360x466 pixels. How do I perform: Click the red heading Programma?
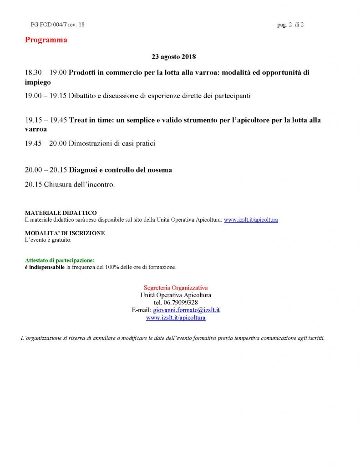[x=46, y=40]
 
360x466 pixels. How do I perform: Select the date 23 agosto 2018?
[x=173, y=57]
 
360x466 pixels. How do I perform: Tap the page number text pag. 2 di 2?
[x=290, y=25]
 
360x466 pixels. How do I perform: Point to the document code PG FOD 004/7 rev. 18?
[x=57, y=25]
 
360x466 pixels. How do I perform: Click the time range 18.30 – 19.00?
[x=46, y=72]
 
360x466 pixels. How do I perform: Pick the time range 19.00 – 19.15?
[x=46, y=96]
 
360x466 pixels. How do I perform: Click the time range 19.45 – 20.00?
[x=46, y=144]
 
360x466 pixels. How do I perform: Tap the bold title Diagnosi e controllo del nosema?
[x=121, y=170]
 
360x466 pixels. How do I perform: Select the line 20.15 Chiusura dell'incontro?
[x=70, y=185]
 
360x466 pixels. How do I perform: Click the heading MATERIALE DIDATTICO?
[x=61, y=213]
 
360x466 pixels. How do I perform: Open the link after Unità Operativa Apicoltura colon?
[x=251, y=220]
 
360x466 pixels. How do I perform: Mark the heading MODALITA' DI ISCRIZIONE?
[x=65, y=233]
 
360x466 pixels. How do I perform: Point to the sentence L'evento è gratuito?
[x=48, y=240]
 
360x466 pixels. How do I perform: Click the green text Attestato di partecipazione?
[x=60, y=260]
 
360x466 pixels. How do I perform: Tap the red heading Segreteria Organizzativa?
[x=176, y=288]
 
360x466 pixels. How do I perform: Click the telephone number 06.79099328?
[x=181, y=303]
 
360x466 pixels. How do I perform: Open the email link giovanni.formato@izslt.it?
[x=187, y=310]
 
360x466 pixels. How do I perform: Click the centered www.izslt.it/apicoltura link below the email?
[x=176, y=318]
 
